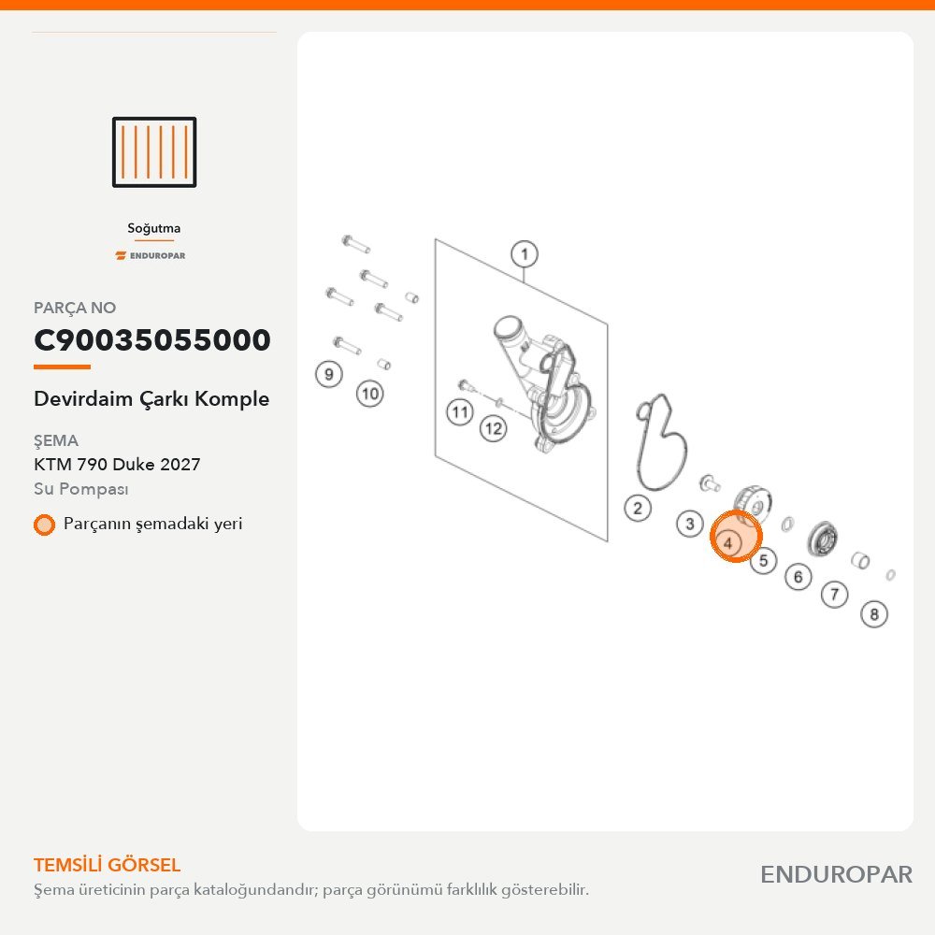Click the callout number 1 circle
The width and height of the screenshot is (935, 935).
(525, 254)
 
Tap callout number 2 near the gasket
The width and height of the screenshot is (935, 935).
(638, 508)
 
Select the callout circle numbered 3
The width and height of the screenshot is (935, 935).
(690, 524)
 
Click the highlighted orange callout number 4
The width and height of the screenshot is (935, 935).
(728, 542)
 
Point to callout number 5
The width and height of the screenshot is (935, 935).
(763, 560)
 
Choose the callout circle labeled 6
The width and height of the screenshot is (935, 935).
(798, 577)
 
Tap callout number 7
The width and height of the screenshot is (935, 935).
(834, 594)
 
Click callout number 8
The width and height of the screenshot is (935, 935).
(874, 613)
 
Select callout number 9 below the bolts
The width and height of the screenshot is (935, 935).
(328, 375)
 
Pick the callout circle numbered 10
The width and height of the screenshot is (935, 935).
(369, 394)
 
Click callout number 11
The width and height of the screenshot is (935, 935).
(460, 412)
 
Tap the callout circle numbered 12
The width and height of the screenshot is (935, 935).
(493, 428)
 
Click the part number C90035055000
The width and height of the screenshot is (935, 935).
(152, 340)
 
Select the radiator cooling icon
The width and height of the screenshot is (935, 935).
(154, 152)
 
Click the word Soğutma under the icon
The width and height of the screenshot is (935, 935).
(154, 228)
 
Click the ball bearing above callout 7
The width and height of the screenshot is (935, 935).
(822, 539)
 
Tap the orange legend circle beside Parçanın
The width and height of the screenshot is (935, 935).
(44, 525)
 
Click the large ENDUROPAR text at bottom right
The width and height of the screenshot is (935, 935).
(836, 875)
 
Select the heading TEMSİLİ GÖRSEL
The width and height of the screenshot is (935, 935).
(108, 865)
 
